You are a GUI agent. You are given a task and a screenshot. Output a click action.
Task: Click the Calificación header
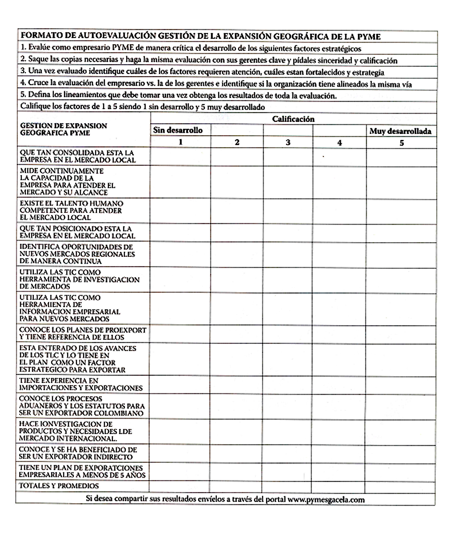pyautogui.click(x=293, y=119)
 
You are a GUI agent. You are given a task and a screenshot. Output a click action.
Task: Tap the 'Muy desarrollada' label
pyautogui.click(x=400, y=131)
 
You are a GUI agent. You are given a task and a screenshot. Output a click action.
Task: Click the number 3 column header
pyautogui.click(x=288, y=143)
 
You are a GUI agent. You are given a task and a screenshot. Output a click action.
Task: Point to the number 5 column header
pyautogui.click(x=401, y=143)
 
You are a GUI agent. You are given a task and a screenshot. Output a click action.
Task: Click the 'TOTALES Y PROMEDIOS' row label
pyautogui.click(x=59, y=486)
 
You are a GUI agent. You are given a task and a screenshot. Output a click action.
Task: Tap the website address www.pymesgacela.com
pyautogui.click(x=326, y=499)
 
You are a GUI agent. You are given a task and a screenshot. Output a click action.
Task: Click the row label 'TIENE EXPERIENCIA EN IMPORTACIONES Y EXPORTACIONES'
pyautogui.click(x=80, y=384)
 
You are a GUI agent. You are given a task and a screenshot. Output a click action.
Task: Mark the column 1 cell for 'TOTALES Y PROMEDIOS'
pyautogui.click(x=179, y=486)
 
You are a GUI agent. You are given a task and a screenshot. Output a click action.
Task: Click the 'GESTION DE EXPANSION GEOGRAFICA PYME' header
pyautogui.click(x=63, y=129)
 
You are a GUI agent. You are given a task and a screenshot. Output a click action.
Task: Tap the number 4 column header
pyautogui.click(x=339, y=143)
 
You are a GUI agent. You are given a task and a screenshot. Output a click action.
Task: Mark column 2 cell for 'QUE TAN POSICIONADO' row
pyautogui.click(x=237, y=233)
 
